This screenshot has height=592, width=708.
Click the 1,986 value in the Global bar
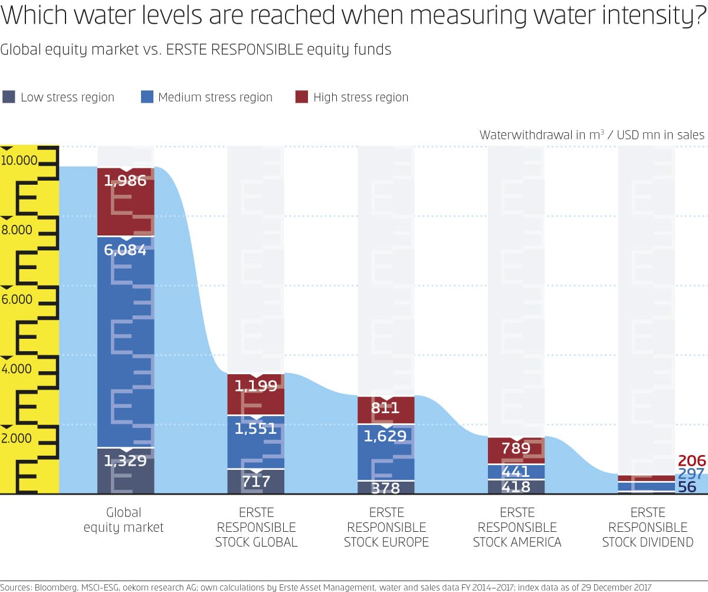(125, 181)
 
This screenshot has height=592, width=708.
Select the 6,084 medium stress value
(125, 250)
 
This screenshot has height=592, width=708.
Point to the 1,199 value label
(255, 386)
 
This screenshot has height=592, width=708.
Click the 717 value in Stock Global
(256, 482)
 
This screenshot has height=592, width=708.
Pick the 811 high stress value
(386, 408)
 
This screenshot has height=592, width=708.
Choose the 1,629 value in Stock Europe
(385, 436)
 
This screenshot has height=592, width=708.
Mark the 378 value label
(386, 488)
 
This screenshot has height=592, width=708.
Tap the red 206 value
(692, 461)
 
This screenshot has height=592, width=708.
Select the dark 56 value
(687, 488)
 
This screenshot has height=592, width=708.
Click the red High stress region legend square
(301, 97)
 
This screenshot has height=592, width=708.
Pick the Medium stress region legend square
(147, 97)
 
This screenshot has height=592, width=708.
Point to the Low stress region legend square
(9, 97)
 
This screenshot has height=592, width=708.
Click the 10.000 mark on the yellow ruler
(19, 161)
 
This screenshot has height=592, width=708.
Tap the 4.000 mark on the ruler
(17, 369)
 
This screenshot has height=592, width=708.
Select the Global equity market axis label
(123, 519)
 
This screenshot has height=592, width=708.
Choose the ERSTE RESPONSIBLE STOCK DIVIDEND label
(647, 526)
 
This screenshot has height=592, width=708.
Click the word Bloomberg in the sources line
(57, 587)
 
